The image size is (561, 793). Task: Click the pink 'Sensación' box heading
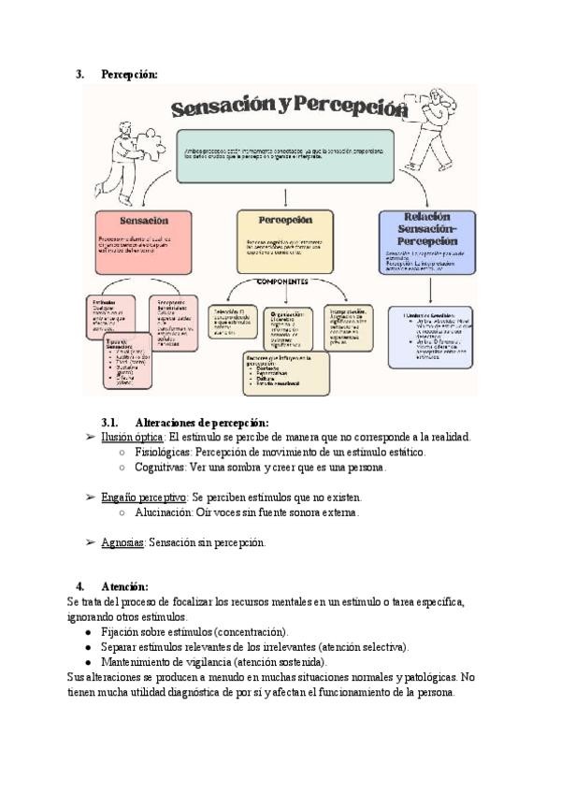pyautogui.click(x=143, y=222)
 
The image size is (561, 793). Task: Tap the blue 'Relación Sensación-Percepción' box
pyautogui.click(x=425, y=241)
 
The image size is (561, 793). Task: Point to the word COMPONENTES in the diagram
pyautogui.click(x=282, y=281)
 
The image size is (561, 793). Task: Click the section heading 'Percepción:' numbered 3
pyautogui.click(x=129, y=74)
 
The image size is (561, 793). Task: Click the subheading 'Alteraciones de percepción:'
pyautogui.click(x=201, y=423)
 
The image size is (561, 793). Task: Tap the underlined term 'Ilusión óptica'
pyautogui.click(x=133, y=437)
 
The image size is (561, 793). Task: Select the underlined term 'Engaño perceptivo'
pyautogui.click(x=144, y=497)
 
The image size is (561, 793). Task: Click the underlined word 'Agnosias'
pyautogui.click(x=122, y=542)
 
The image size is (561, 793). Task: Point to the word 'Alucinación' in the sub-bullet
pyautogui.click(x=165, y=512)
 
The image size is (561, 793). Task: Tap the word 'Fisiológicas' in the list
pyautogui.click(x=165, y=452)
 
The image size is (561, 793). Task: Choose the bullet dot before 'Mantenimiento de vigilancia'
pyautogui.click(x=87, y=662)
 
